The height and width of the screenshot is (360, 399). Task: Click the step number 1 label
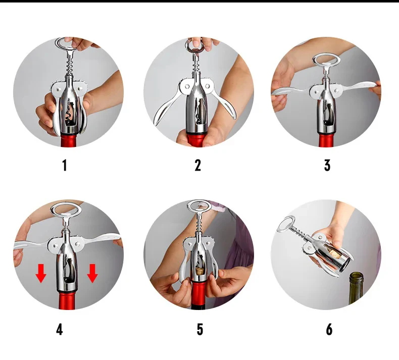tap(64, 165)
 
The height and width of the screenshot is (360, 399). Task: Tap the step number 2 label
tap(197, 165)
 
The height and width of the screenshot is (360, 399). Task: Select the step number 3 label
tap(327, 165)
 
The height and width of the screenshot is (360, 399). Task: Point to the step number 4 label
tap(60, 330)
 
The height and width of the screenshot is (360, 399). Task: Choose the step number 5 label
tap(200, 330)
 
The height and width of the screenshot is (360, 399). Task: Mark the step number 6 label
tap(329, 330)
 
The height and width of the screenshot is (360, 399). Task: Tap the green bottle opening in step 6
tap(362, 276)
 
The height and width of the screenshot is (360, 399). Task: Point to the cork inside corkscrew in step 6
tap(331, 252)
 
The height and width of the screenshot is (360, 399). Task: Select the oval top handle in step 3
tap(326, 61)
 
